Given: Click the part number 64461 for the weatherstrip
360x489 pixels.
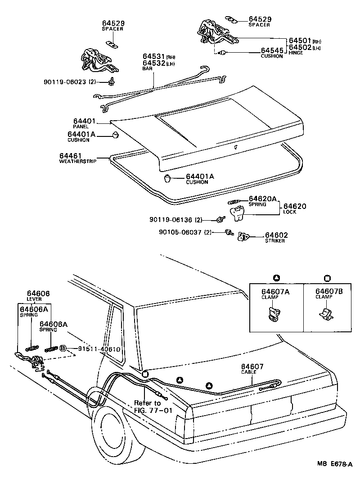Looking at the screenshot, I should tap(70, 156).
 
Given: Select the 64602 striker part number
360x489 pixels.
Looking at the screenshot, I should tap(276, 235).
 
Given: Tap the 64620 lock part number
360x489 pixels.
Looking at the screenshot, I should tap(295, 206).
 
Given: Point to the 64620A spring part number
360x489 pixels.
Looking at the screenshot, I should tap(263, 198).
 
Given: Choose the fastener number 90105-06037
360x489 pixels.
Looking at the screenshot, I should tap(179, 232).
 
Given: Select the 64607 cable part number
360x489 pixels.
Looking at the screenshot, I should tap(252, 367).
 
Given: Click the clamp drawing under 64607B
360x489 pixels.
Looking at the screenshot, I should tap(325, 314).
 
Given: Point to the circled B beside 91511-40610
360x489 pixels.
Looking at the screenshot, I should tap(63, 349).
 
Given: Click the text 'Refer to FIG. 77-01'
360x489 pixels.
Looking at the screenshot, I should tap(148, 407).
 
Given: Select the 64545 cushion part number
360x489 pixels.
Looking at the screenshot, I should tap(272, 51).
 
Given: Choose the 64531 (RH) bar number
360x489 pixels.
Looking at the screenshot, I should tap(154, 57).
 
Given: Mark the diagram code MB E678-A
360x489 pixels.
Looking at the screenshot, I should tap(334, 477).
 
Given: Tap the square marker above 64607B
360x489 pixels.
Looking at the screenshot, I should tap(327, 277).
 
